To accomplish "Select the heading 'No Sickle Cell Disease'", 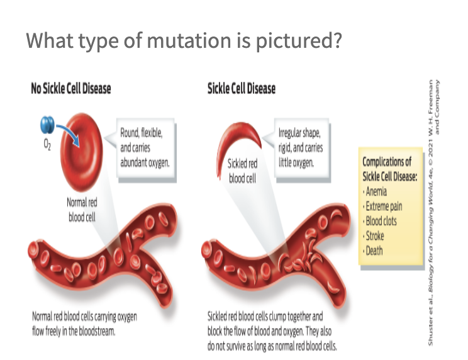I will pos(71,89).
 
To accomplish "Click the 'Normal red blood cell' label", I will pos(81,210).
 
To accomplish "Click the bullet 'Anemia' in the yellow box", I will pos(377,191).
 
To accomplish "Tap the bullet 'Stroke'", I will pos(375,236).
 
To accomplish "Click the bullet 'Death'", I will pos(374,250).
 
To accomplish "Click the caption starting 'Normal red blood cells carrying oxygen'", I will pos(84,322).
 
